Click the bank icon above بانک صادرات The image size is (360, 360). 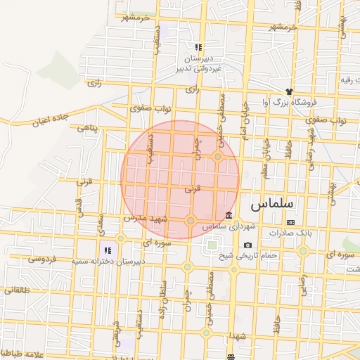pyautogui.click(x=291, y=222)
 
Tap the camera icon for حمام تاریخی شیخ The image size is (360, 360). pyautogui.click(x=247, y=245)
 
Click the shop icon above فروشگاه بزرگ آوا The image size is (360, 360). pyautogui.click(x=288, y=91)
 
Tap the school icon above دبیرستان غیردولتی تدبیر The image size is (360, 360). pyautogui.click(x=198, y=47)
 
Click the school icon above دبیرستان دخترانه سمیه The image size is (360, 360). pyautogui.click(x=108, y=250)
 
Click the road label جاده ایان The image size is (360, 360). pyautogui.click(x=49, y=120)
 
